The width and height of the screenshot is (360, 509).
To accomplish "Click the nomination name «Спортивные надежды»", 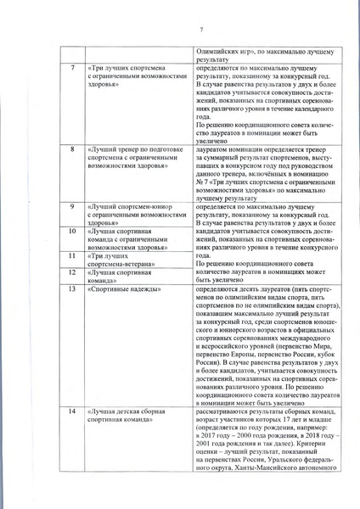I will point(119,289).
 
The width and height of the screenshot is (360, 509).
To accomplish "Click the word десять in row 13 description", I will point(243,289).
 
